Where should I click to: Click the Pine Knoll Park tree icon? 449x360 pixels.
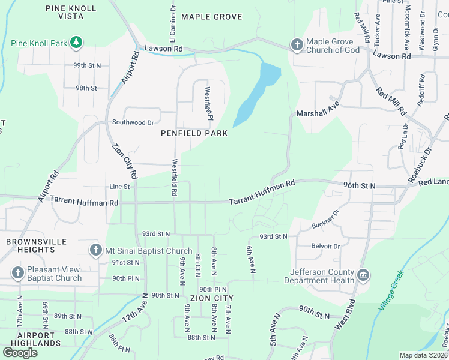point(76,42)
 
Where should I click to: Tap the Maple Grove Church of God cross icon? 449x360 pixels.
point(296,45)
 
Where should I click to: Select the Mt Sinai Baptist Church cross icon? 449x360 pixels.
point(95,250)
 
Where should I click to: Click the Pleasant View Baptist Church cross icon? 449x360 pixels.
point(18,273)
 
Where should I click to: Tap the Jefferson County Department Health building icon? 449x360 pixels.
point(363,275)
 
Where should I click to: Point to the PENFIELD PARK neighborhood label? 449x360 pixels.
point(194,133)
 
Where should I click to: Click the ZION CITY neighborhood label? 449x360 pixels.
point(211,298)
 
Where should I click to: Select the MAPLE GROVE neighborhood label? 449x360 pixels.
point(211,17)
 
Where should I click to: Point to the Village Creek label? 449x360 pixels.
point(391,292)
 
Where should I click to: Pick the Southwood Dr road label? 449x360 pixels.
point(133,122)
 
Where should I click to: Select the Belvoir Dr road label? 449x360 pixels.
point(325,247)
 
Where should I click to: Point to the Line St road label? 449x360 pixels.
point(119,187)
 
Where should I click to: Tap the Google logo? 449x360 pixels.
point(20,353)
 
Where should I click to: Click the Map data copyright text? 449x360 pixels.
point(424,355)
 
